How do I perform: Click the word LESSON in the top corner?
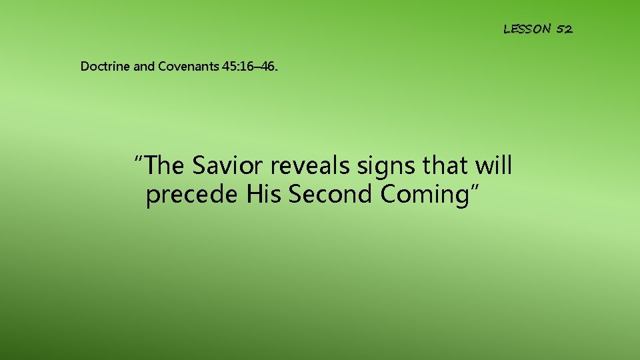(x=527, y=29)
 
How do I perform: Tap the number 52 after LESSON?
(x=564, y=29)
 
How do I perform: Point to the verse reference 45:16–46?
(x=250, y=66)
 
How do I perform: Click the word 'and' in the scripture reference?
(x=144, y=66)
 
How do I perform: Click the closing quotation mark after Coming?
(x=474, y=189)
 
